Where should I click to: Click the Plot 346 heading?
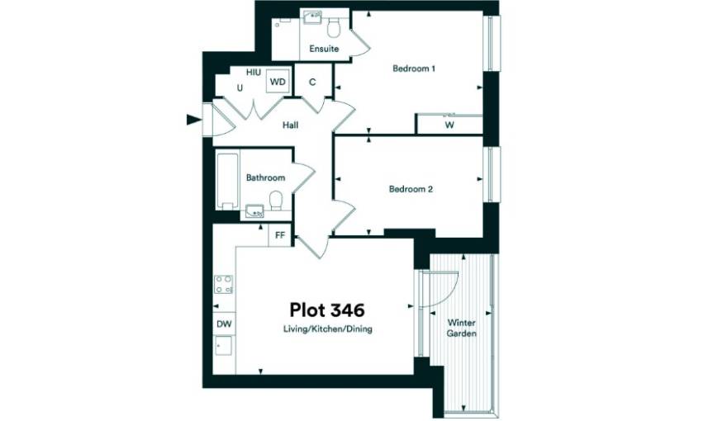coord(327,310)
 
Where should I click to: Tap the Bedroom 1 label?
coord(414,69)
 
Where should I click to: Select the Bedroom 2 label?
coord(411,189)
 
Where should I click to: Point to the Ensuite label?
coord(324,49)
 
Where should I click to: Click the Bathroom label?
coord(265,177)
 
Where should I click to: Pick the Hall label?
coord(290,125)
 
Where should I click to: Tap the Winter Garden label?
coord(461,328)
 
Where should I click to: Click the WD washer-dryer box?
coord(278,82)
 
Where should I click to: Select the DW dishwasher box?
coord(225,324)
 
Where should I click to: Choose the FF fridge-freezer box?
coord(280,235)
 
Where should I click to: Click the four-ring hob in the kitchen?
coord(224,284)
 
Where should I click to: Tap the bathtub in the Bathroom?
coord(227,181)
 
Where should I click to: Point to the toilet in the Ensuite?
coord(334,28)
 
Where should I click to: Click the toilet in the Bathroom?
coord(276,201)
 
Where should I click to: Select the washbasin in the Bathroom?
coord(254,211)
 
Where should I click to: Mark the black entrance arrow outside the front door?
coord(193,120)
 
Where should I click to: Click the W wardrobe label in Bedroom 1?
coord(449,125)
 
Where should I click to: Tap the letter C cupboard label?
coord(312,82)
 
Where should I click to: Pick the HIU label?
coord(254,73)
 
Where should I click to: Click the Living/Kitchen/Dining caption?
coord(328,329)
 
